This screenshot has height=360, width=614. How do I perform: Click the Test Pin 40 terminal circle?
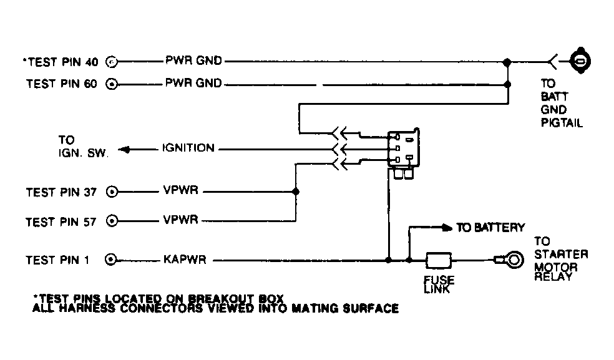point(112,62)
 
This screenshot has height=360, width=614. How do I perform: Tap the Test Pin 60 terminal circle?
point(112,84)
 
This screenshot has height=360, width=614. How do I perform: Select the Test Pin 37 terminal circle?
point(112,192)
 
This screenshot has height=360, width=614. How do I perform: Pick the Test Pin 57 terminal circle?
point(112,221)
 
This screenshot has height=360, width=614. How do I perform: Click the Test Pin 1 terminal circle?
point(112,259)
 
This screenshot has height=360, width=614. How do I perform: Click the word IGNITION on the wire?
point(188,149)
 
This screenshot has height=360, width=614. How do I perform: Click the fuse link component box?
point(439,259)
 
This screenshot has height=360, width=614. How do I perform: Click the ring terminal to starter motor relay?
point(514,258)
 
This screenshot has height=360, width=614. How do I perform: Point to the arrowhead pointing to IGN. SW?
point(124,150)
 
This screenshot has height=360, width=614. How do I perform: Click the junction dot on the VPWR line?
point(296,192)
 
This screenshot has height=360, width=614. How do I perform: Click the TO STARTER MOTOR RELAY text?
point(560,258)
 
